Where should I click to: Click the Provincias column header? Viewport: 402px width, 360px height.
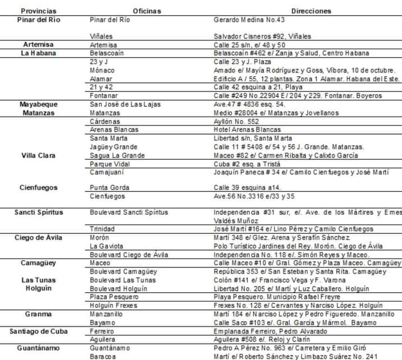pos(38,11)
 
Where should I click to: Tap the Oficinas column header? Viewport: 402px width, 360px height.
pos(147,11)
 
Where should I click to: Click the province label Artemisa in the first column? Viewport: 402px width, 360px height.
pos(38,45)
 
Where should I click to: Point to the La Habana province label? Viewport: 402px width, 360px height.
pos(38,53)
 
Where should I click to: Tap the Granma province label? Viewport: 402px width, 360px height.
pos(38,314)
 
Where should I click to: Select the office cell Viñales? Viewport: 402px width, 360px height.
pos(101,36)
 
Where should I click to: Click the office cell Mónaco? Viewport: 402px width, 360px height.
pos(102,70)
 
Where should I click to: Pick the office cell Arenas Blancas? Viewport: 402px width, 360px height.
pos(114,130)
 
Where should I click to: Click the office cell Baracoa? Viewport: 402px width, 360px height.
pos(104,356)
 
